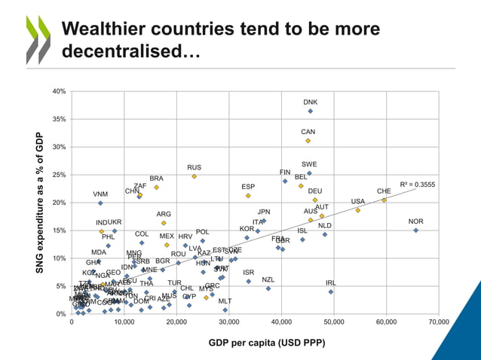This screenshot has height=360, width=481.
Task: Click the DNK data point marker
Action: pyautogui.click(x=310, y=111)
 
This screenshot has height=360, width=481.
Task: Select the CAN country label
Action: pyautogui.click(x=308, y=132)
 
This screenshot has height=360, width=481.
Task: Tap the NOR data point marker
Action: pyautogui.click(x=415, y=230)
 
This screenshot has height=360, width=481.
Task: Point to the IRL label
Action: pyautogui.click(x=330, y=282)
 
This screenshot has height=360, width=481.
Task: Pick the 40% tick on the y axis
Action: pyautogui.click(x=58, y=91)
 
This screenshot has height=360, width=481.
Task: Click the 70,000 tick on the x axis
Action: pyautogui.click(x=438, y=322)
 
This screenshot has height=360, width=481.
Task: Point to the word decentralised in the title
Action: pyautogui.click(x=121, y=53)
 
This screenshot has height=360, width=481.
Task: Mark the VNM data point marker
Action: pyautogui.click(x=100, y=203)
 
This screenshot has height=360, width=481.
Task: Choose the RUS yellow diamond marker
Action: pyautogui.click(x=194, y=176)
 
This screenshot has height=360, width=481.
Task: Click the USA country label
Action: pyautogui.click(x=357, y=201)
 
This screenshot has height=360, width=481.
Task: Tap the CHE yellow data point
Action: pyautogui.click(x=384, y=200)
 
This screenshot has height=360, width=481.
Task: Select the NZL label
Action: pyautogui.click(x=268, y=279)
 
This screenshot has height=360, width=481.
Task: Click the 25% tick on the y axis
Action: pyautogui.click(x=58, y=175)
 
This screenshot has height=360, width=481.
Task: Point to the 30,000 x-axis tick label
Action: pyautogui.click(x=228, y=322)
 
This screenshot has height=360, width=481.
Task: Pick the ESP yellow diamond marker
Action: pyautogui.click(x=248, y=196)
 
